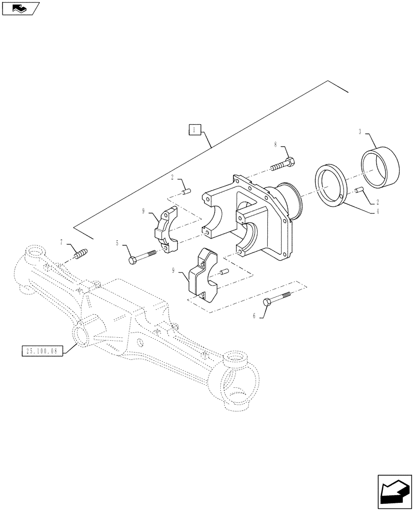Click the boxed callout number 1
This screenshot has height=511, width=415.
(x=194, y=130)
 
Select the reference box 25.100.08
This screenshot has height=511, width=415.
(x=41, y=351)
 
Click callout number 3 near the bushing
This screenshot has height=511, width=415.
(x=360, y=132)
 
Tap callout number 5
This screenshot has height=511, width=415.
(x=117, y=243)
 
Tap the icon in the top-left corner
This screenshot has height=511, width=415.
(x=21, y=8)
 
